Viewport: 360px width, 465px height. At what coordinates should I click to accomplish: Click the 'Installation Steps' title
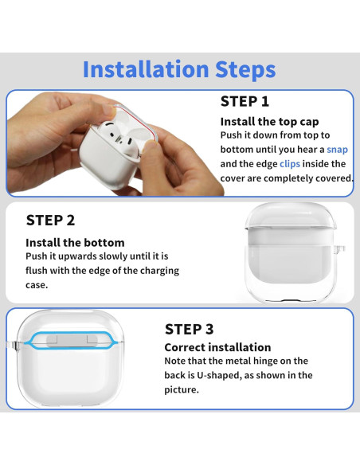179,69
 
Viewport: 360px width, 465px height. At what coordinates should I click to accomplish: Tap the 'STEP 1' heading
245,101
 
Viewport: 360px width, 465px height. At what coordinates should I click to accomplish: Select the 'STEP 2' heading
50,221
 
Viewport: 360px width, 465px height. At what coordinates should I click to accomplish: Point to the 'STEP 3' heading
190,329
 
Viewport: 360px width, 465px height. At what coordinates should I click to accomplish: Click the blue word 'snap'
337,150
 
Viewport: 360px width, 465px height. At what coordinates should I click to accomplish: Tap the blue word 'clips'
290,164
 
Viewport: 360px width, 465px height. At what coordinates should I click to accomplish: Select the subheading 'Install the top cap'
269,122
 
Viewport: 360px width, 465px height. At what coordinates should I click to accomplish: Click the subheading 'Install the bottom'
75,243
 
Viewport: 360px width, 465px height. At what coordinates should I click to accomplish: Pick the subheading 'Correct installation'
217,347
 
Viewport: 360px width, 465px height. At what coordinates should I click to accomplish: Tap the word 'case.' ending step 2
37,285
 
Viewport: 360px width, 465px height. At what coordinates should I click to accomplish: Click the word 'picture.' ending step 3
182,389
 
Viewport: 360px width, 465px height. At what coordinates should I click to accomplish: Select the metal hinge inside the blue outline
72,341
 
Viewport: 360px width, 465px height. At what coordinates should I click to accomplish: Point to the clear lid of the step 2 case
291,216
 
